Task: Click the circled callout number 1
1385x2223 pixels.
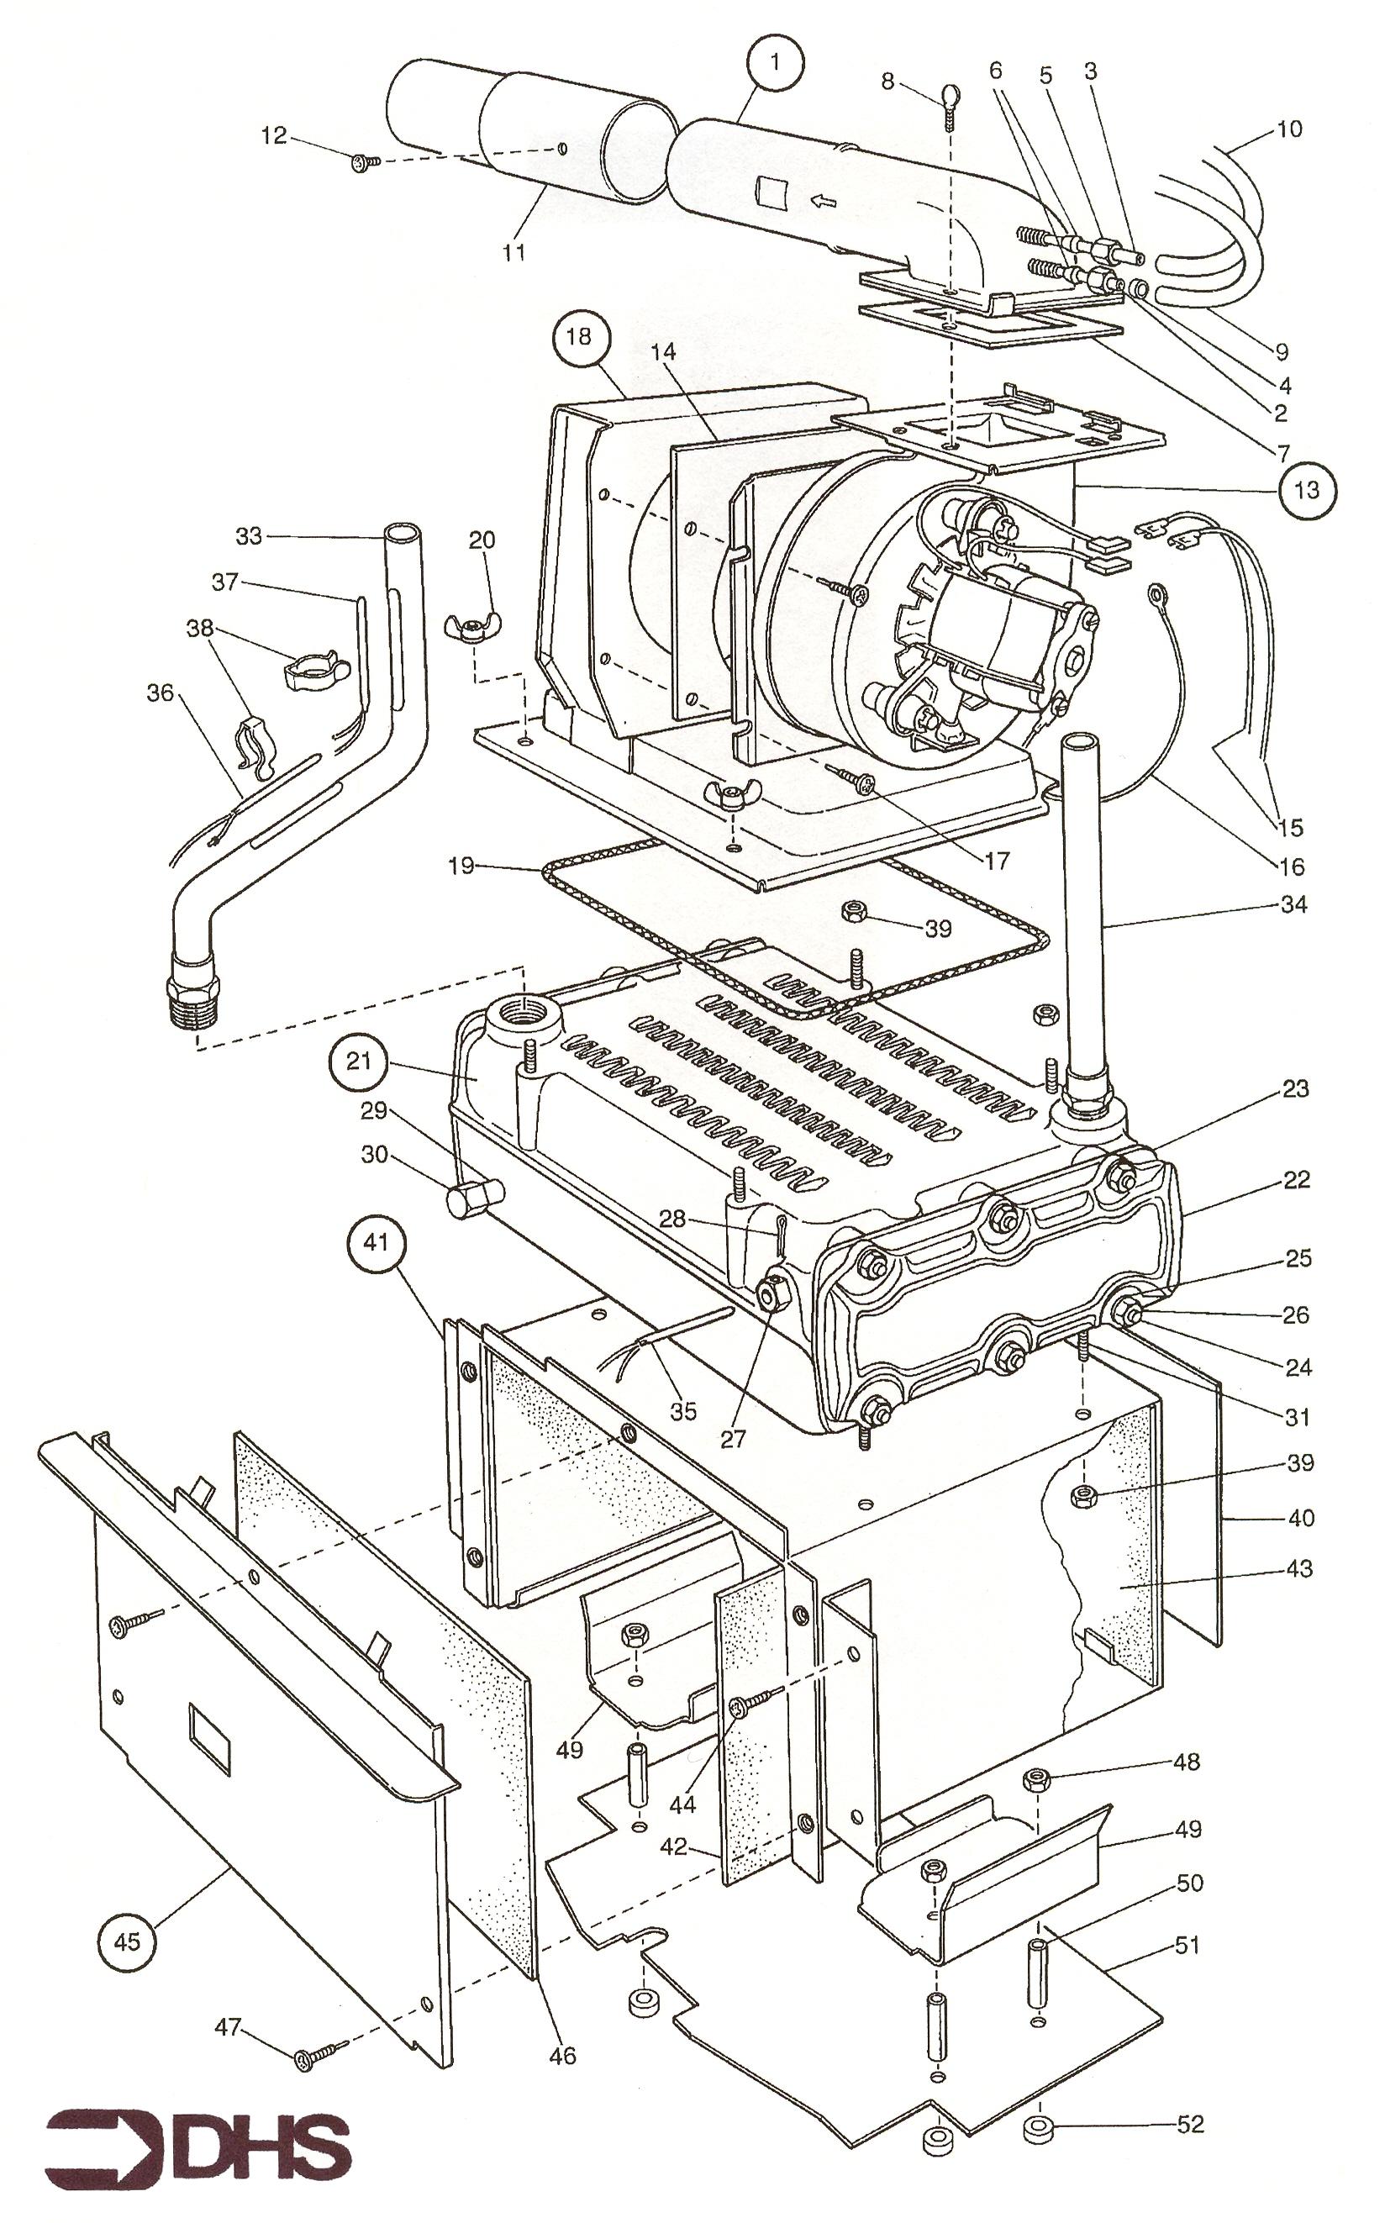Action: [776, 63]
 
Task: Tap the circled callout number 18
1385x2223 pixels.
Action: [579, 336]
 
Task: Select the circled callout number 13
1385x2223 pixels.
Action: [1307, 490]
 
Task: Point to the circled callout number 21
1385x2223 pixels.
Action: [358, 1061]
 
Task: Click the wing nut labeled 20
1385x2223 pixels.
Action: [472, 629]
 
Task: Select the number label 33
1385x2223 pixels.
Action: [249, 536]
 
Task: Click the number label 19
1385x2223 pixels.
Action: [462, 865]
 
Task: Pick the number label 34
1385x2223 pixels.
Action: [1293, 904]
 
